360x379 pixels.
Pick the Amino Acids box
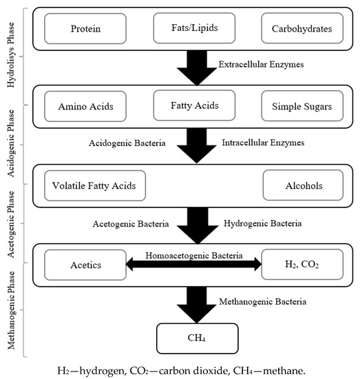coord(86,107)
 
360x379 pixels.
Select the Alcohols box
coord(304,185)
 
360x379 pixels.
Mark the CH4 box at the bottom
coord(198,338)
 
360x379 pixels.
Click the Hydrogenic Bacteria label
coord(263,223)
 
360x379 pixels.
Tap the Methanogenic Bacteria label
coord(263,300)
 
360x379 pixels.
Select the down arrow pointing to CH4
coord(198,301)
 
